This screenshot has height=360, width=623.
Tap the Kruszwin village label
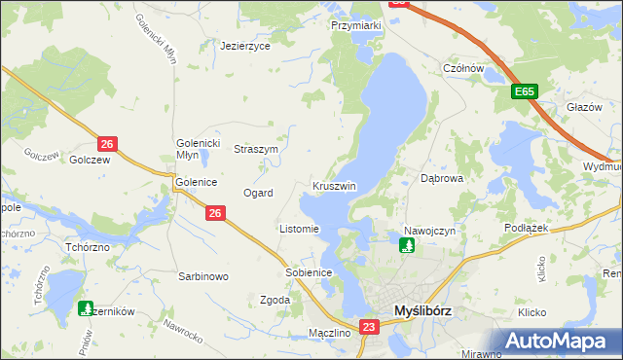(334, 186)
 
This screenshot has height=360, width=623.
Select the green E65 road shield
(526, 91)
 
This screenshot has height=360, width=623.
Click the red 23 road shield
(368, 328)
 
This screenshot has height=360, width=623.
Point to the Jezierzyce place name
(244, 46)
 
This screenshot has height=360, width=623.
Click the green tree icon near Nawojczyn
(406, 244)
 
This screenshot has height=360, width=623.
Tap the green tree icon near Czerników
(86, 308)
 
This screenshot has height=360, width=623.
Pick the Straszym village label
(257, 150)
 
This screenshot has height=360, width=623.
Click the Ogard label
(258, 193)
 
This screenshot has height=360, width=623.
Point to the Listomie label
(299, 230)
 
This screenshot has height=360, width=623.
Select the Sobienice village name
(310, 272)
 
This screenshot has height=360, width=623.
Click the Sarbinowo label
(202, 276)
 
